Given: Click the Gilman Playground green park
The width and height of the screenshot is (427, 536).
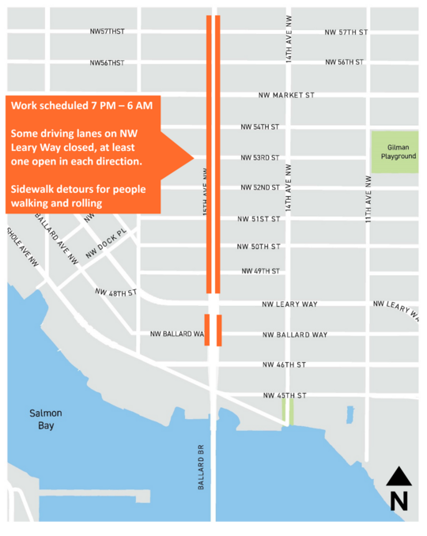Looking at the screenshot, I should [x=395, y=152].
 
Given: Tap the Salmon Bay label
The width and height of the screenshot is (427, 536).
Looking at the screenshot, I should [x=45, y=419].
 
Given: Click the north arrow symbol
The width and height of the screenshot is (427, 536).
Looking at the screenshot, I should [x=399, y=477].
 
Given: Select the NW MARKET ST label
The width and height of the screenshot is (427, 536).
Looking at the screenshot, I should [x=286, y=95].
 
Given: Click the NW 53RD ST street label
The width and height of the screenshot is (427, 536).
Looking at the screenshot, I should [x=260, y=157].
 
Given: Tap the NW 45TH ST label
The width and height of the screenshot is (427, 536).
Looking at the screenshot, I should [x=284, y=395].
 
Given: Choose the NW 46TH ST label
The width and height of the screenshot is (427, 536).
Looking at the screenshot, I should [x=284, y=364].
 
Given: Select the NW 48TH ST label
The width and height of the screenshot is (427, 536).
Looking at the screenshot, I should [x=115, y=293].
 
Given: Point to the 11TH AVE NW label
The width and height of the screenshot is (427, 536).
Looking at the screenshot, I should [x=368, y=198].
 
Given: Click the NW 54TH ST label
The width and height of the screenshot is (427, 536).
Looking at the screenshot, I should [x=260, y=126].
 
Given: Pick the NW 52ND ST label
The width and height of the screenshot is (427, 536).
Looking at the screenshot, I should [x=260, y=187].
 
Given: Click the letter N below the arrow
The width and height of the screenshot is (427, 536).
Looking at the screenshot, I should [x=399, y=501].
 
